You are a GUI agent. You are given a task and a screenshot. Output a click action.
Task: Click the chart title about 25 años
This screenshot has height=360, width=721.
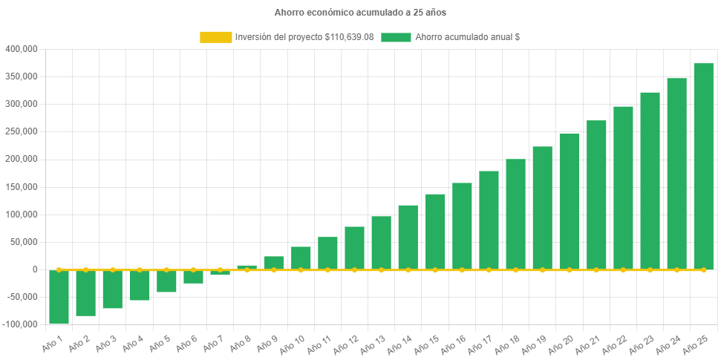coord(360,13)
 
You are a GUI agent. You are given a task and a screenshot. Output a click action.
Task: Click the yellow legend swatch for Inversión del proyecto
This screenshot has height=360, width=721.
coord(215,37)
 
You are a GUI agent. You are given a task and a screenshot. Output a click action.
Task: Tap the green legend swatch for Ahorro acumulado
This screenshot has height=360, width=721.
coord(396,37)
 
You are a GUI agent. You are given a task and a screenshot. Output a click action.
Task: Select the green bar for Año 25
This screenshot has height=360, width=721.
coord(703,166)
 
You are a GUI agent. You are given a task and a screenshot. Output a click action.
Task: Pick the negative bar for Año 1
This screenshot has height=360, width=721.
coord(59,296)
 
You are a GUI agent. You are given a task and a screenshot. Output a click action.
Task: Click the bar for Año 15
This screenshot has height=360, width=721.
coord(435,232)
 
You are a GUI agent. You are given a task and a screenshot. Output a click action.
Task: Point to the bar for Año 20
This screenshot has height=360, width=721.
coord(570,201)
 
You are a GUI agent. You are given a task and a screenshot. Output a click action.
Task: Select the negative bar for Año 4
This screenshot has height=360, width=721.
coord(140,285)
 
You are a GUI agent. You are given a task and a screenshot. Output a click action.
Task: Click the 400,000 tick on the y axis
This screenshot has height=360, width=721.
coord(21,49)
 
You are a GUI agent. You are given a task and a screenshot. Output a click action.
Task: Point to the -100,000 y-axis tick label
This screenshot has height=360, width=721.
coord(20,324)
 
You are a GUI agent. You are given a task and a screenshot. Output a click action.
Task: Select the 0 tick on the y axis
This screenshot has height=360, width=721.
coord(34,269)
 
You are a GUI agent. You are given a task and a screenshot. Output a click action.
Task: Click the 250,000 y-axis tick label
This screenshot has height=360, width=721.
coord(21,131)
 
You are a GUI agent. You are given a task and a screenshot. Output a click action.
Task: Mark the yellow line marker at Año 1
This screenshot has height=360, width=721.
coord(59,269)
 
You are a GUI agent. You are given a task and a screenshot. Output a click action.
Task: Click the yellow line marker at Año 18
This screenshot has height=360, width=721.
coord(515,269)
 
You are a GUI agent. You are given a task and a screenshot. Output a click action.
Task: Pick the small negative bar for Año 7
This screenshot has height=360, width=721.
coord(220,273)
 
